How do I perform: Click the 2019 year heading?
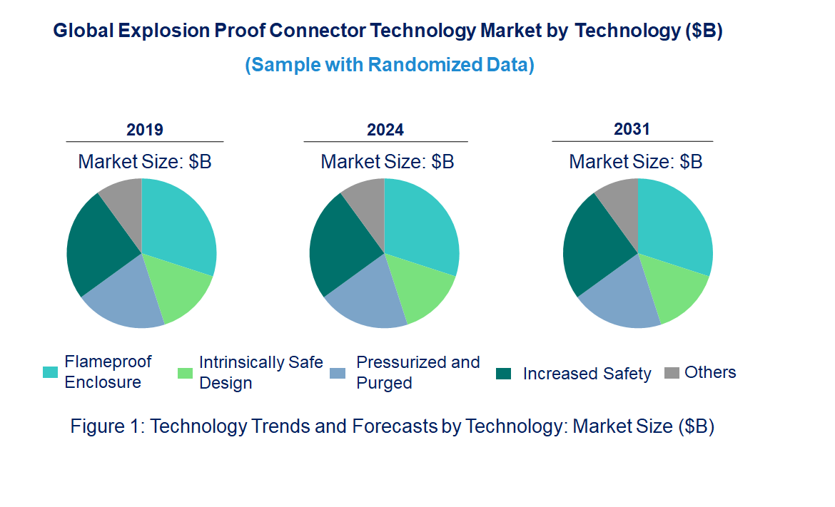pyautogui.click(x=144, y=130)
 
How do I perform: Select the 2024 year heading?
pyautogui.click(x=385, y=130)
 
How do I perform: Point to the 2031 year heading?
pyautogui.click(x=632, y=129)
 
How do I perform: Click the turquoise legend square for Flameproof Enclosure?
pyautogui.click(x=50, y=372)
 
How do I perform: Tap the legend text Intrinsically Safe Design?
pyautogui.click(x=260, y=372)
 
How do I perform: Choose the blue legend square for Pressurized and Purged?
pyautogui.click(x=338, y=373)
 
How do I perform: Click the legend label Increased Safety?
pyautogui.click(x=587, y=374)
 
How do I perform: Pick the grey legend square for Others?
pyautogui.click(x=672, y=373)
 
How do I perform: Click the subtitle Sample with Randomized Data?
pyautogui.click(x=390, y=65)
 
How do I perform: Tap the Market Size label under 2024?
pyautogui.click(x=387, y=161)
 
